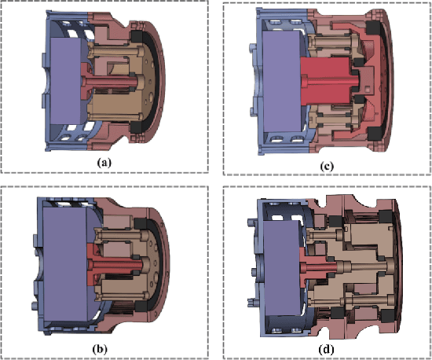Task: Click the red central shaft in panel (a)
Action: pos(106,79)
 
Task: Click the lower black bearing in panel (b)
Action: pos(144,304)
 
